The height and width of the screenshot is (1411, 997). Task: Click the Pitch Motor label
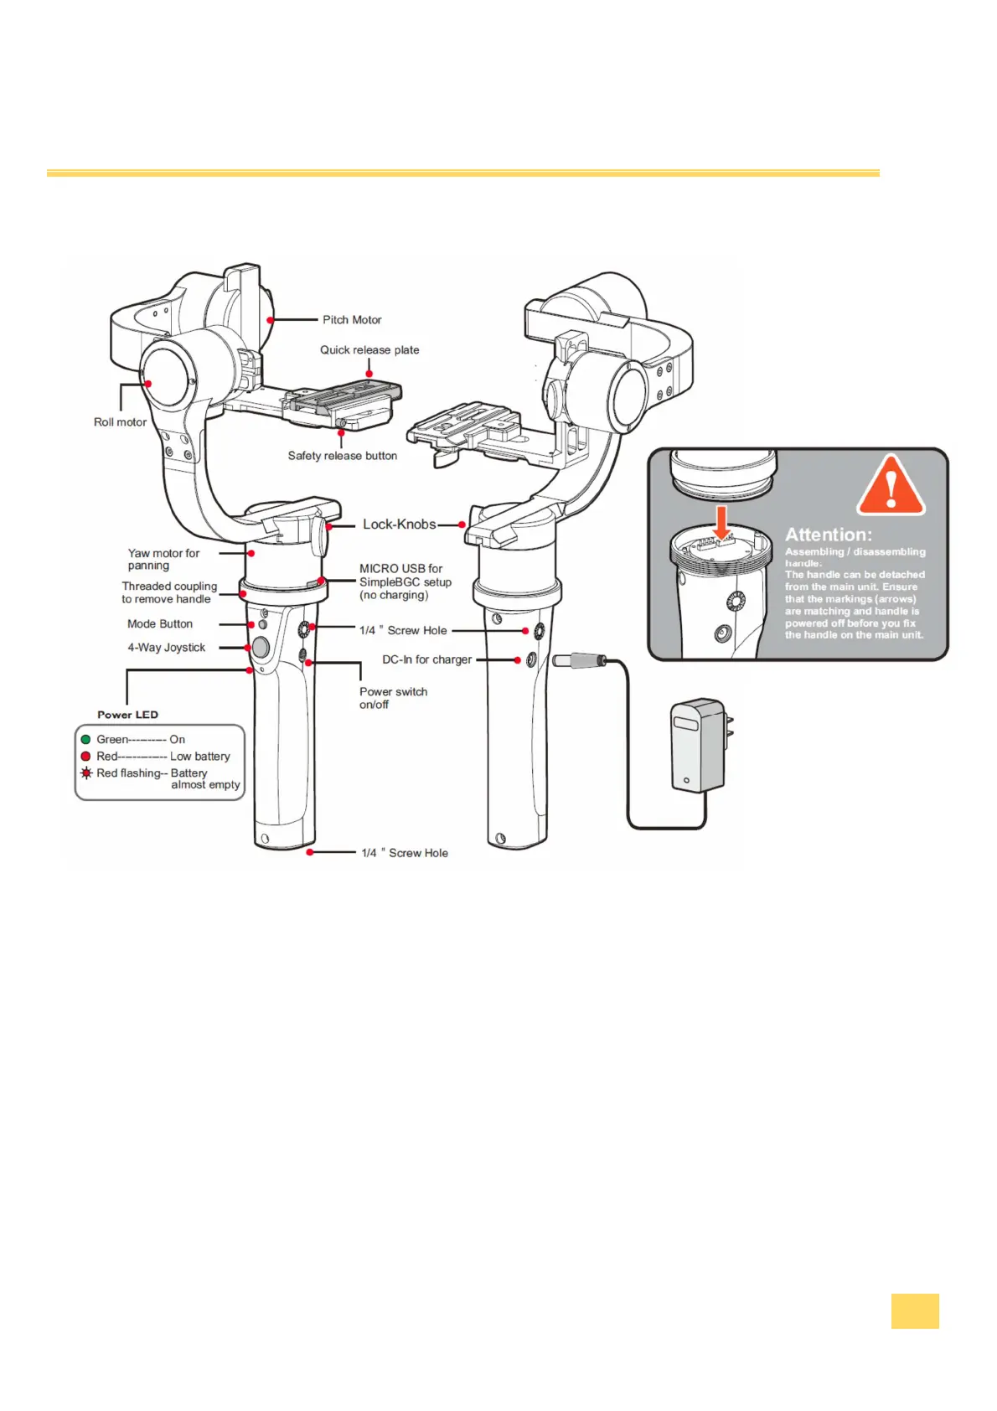352,320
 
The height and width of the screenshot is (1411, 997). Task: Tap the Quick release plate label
369,350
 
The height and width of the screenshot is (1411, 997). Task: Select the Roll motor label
120,422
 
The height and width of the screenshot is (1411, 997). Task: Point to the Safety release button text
343,456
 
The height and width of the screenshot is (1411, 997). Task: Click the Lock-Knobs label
399,525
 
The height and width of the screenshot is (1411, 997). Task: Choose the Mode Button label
160,624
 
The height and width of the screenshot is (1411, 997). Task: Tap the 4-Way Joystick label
166,648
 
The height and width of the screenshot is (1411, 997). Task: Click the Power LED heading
127,715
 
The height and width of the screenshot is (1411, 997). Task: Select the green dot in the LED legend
85,740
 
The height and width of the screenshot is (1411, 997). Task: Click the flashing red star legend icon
85,773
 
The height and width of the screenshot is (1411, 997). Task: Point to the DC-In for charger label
426,660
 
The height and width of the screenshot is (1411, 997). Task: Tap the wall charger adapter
698,746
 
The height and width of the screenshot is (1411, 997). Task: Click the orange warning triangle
891,487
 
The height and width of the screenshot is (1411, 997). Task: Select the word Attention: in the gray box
828,535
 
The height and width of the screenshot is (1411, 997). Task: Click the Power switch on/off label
393,698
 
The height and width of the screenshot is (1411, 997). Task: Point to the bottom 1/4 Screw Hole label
405,853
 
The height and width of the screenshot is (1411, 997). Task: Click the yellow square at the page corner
915,1311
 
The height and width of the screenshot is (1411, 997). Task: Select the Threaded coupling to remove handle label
168,592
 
